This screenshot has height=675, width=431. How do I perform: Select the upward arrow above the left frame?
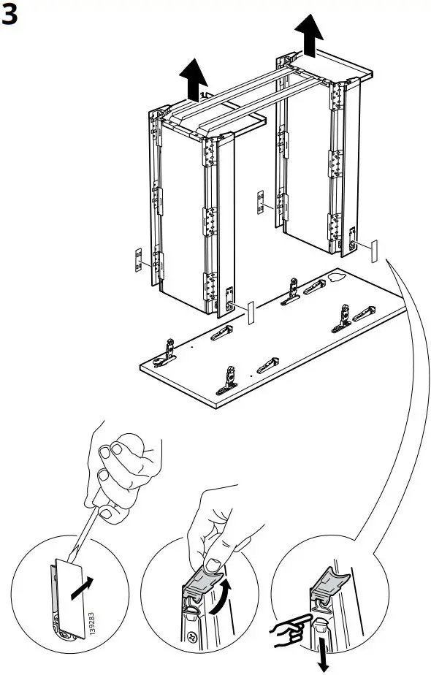click(x=193, y=79)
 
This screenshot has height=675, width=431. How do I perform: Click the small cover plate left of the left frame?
click(x=137, y=261)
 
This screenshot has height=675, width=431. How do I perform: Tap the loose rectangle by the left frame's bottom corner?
click(x=249, y=313)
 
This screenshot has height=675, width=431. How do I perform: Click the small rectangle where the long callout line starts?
click(x=374, y=250)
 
